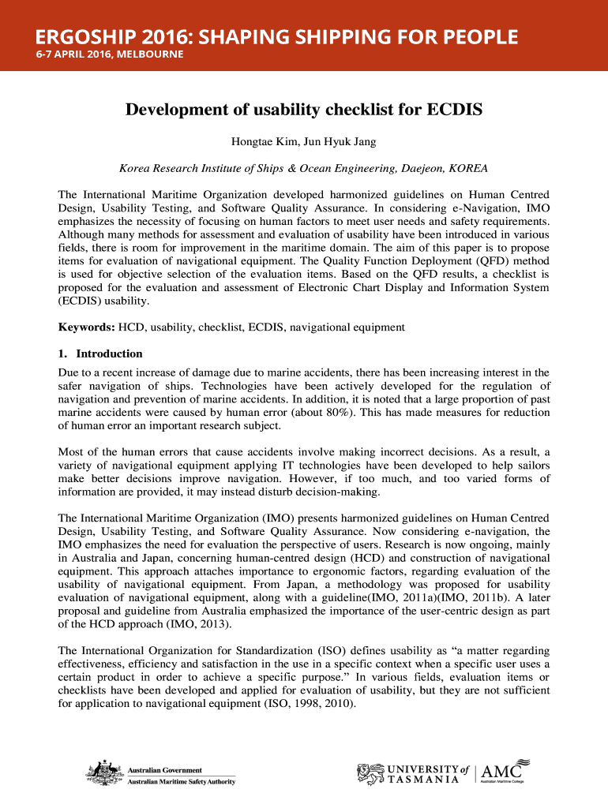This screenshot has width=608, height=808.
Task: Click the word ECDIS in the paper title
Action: tap(454, 110)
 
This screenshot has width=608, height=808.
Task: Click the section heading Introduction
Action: tap(109, 353)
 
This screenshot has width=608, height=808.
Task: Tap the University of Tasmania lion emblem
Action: tap(371, 774)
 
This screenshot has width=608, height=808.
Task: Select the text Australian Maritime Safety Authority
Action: tap(181, 782)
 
